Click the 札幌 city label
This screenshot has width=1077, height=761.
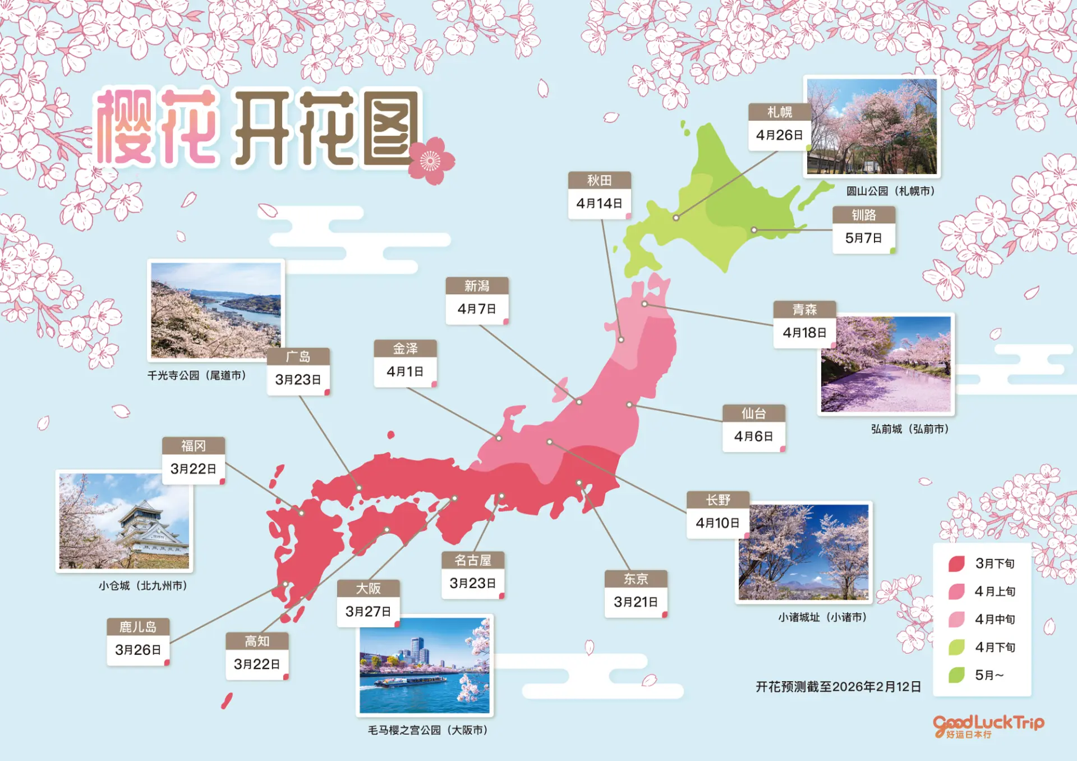click(x=780, y=112)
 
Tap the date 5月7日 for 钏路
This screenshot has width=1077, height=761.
click(x=864, y=238)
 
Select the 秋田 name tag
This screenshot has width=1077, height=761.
click(x=599, y=181)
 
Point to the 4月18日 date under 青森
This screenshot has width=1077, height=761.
click(x=804, y=333)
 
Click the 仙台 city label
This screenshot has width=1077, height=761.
click(x=753, y=414)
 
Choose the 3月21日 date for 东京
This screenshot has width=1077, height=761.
click(x=636, y=602)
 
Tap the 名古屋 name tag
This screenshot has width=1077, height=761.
click(x=472, y=560)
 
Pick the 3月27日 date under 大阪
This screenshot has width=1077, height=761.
click(x=368, y=611)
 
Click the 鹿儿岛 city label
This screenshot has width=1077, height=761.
click(x=138, y=627)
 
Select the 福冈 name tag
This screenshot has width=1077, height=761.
click(x=194, y=446)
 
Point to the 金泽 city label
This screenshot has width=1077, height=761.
click(x=405, y=349)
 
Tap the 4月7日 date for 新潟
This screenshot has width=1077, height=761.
click(x=477, y=309)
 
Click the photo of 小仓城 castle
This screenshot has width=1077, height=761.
click(x=125, y=521)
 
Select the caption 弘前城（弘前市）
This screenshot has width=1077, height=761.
click(x=909, y=429)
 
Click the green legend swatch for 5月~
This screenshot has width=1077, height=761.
click(x=956, y=675)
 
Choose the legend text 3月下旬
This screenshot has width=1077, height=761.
click(x=995, y=563)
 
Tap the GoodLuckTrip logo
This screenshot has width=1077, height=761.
click(x=988, y=726)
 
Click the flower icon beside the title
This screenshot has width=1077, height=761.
click(x=431, y=161)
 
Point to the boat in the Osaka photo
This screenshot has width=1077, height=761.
click(x=410, y=682)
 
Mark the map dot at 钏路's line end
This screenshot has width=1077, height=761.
click(x=754, y=230)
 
